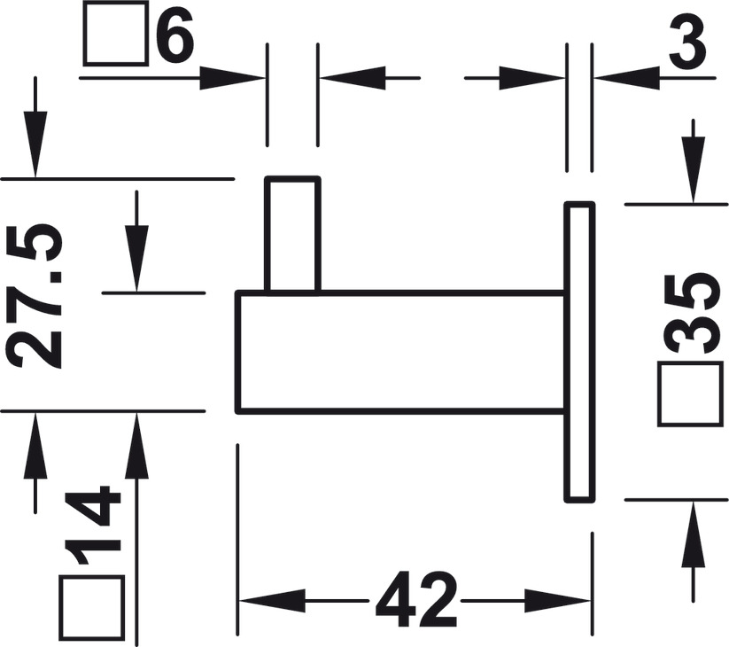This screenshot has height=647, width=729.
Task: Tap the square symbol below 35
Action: pos(687,395)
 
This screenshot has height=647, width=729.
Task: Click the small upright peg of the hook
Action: pos(292,233)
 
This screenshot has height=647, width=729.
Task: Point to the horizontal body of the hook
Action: pos(399,351)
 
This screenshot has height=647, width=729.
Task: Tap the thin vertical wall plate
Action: pos(579,351)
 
